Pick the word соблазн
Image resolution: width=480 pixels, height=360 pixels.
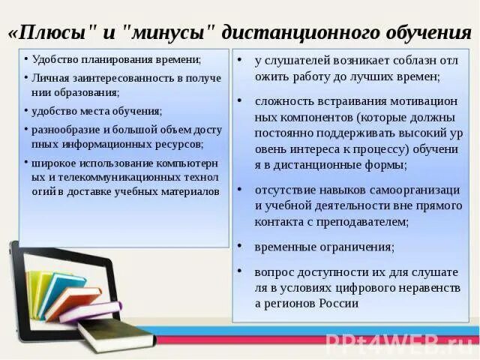pyautogui.click(x=403, y=61)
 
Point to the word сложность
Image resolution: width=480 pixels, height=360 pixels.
pyautogui.click(x=284, y=100)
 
